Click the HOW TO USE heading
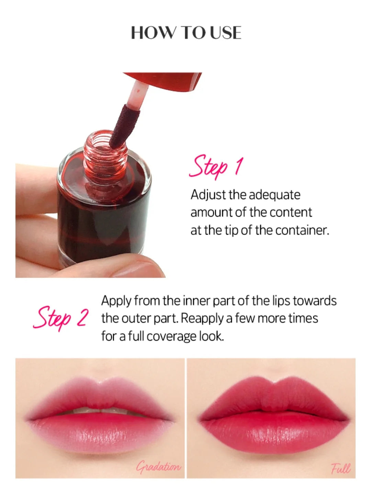pyautogui.click(x=186, y=33)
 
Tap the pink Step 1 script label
pyautogui.click(x=216, y=167)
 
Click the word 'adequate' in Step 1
pyautogui.click(x=274, y=195)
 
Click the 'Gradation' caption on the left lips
pyautogui.click(x=158, y=467)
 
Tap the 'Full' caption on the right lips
pyautogui.click(x=340, y=468)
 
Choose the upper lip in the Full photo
pyautogui.click(x=271, y=391)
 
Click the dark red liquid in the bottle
pyautogui.click(x=103, y=213)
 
